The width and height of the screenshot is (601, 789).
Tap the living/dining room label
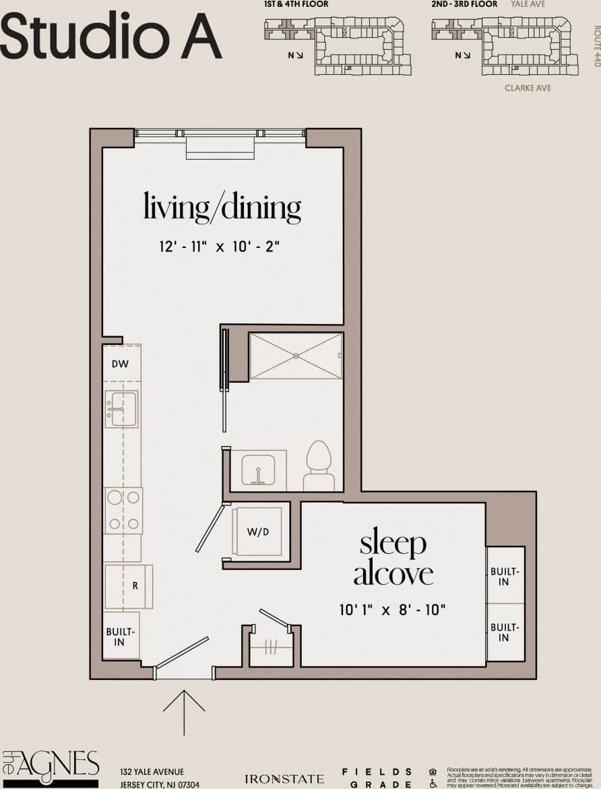point(222,207)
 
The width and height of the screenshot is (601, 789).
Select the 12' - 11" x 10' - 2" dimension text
point(220,247)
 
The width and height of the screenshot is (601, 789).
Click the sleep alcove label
point(393,559)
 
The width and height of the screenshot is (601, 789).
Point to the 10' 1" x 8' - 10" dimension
point(393,610)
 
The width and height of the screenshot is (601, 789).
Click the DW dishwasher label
point(121,365)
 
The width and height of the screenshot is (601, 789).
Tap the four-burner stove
point(123,510)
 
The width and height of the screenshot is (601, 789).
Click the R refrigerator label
point(135,586)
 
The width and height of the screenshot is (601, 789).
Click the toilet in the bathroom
point(319,465)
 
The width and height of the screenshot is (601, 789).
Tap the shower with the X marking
point(295,356)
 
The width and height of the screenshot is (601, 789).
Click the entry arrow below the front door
point(184,712)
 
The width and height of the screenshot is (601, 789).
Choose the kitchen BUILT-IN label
point(121,637)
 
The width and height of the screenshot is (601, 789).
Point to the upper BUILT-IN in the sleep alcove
point(504,576)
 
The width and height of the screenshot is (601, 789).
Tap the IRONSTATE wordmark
point(284,779)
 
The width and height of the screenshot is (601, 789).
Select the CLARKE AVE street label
point(528,88)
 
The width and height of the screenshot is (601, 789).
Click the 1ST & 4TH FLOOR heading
point(296,5)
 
